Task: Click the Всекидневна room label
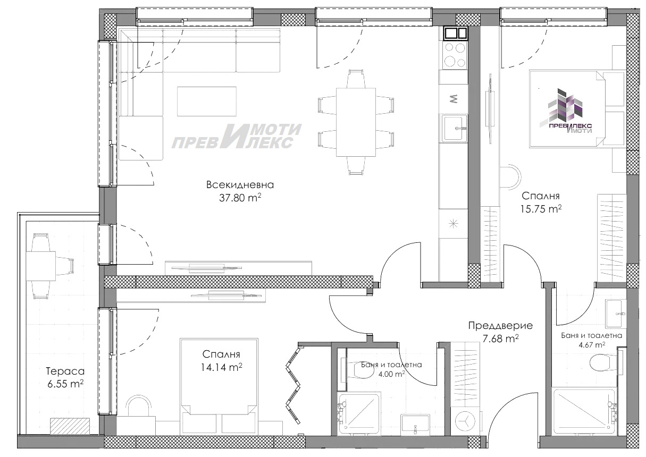click(240, 185)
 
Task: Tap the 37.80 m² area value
click(240, 198)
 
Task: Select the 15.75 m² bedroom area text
click(541, 209)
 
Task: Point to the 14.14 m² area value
click(221, 367)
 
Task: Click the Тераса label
click(65, 371)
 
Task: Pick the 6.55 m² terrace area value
click(65, 384)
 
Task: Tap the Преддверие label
click(500, 326)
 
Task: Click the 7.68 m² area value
click(500, 338)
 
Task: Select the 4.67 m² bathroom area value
click(592, 344)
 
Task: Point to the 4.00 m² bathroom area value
click(391, 374)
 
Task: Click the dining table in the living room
click(356, 122)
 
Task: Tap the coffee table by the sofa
click(206, 101)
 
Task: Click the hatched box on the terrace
click(70, 426)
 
